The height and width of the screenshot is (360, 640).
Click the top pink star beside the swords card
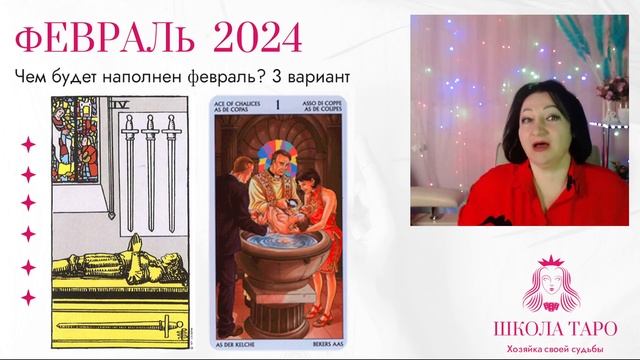[x=28, y=144]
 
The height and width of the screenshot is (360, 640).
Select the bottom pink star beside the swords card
[x=28, y=296]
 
